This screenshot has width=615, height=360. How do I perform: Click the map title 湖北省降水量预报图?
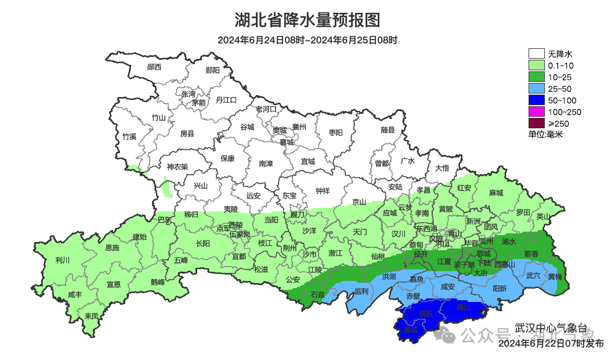click(x=307, y=20)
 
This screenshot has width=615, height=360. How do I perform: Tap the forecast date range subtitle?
click(x=307, y=40)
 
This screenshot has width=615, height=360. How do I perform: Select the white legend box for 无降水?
click(x=536, y=53)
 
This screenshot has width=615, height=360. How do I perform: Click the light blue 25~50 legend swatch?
click(x=536, y=88)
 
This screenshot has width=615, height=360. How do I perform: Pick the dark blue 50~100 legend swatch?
click(x=536, y=100)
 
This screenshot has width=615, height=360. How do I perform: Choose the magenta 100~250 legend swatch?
click(x=536, y=111)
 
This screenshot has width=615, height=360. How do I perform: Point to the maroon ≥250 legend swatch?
click(x=536, y=123)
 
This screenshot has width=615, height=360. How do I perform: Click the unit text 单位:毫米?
click(x=545, y=134)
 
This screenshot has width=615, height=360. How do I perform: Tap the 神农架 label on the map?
click(x=178, y=167)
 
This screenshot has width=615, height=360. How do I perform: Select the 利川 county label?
click(x=62, y=260)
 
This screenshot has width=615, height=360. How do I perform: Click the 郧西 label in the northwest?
click(x=154, y=67)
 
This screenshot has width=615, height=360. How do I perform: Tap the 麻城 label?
click(x=495, y=193)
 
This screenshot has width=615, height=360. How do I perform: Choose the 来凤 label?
click(x=91, y=316)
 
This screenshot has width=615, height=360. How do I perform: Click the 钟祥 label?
click(x=322, y=190)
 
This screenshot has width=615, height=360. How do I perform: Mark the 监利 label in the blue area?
click(x=361, y=291)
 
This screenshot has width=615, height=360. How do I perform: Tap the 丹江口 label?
click(x=226, y=100)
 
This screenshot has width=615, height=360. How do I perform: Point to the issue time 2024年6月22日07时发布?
click(x=551, y=344)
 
